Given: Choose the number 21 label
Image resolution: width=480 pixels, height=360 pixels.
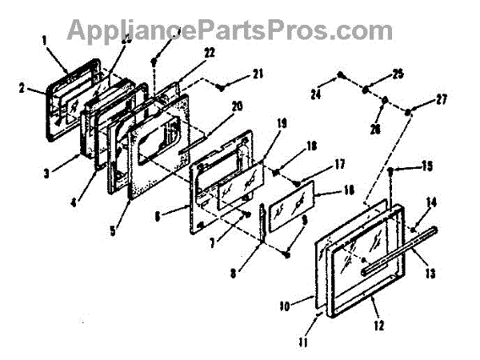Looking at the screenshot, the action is tap(258, 74).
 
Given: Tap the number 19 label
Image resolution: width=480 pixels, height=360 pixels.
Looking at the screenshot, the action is tap(282, 123).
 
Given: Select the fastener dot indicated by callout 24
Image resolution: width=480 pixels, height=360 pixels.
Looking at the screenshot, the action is tap(341, 75).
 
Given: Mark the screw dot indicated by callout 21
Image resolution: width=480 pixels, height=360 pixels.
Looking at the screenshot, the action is tap(228, 83).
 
